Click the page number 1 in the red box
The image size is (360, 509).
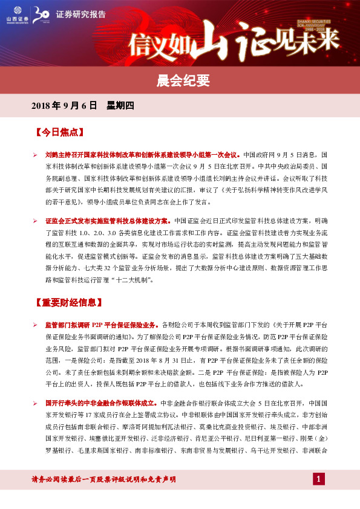click(319, 479)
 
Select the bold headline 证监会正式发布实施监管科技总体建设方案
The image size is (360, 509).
click(108, 221)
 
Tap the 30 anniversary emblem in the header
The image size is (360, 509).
click(42, 15)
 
